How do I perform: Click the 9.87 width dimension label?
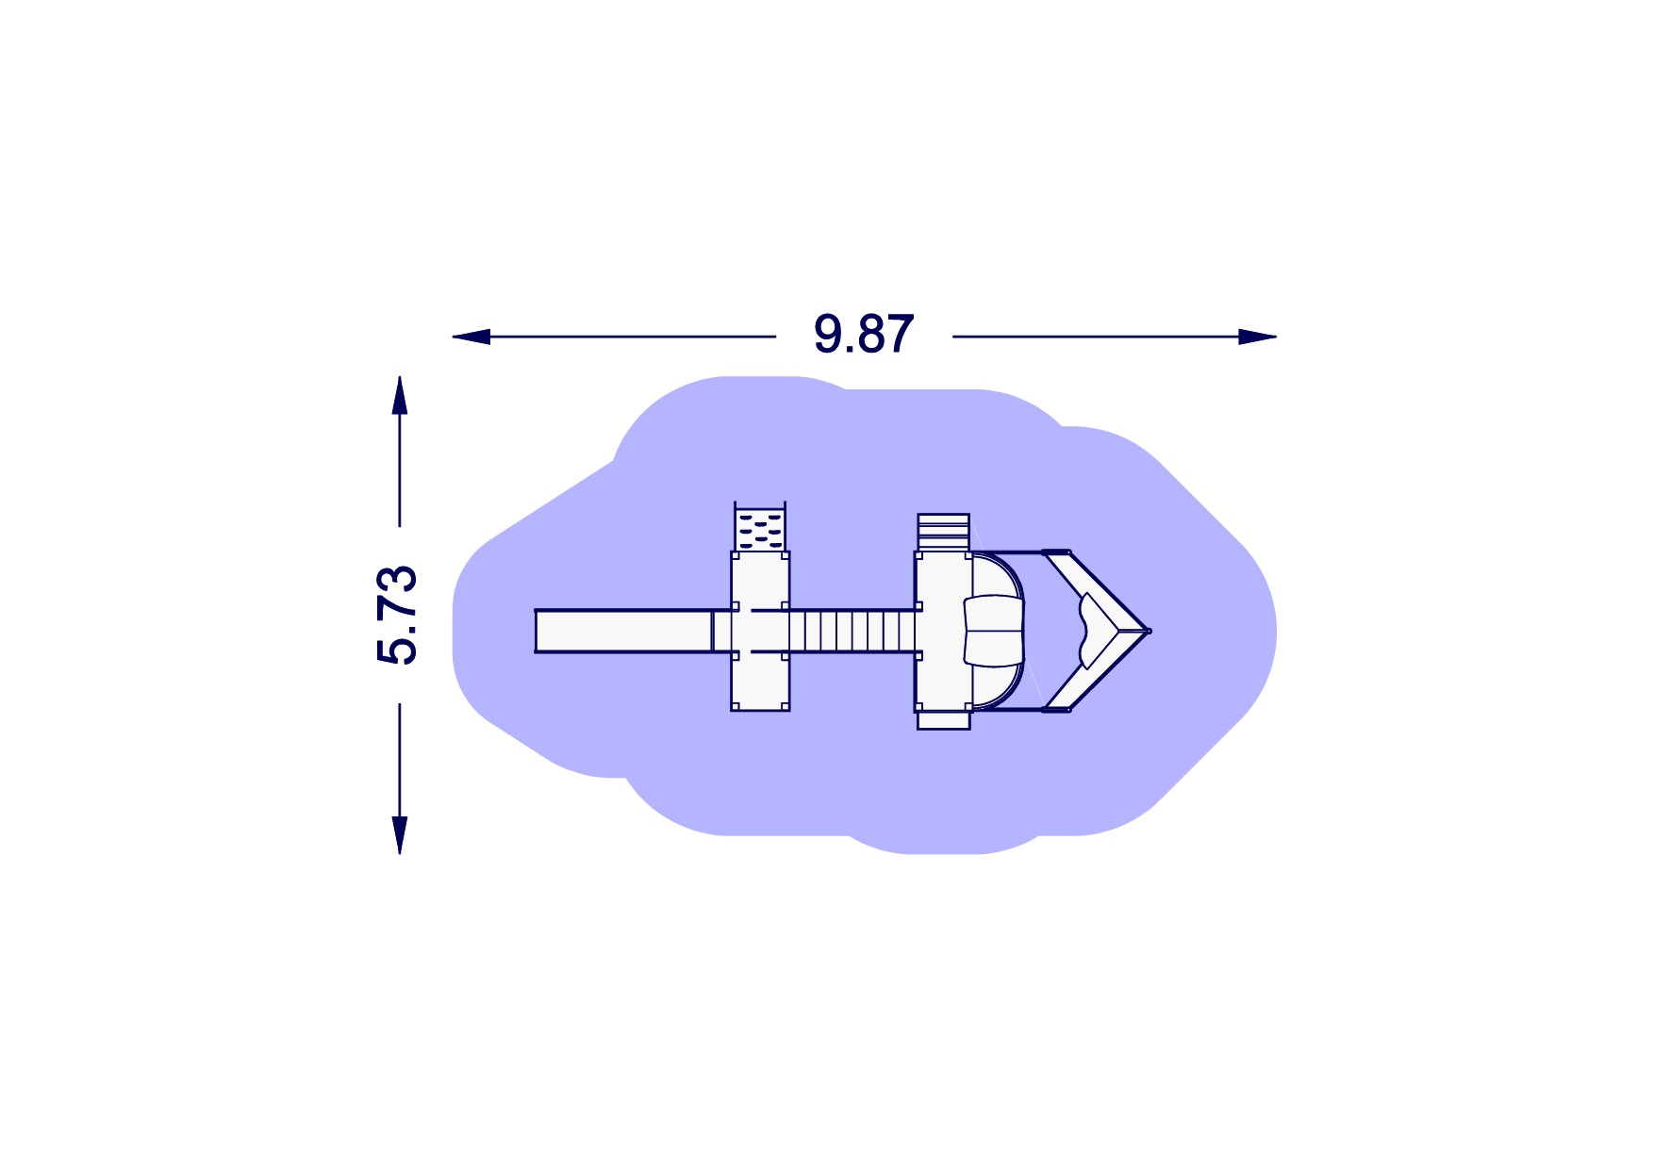pyautogui.click(x=864, y=335)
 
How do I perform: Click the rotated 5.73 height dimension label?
pyautogui.click(x=397, y=615)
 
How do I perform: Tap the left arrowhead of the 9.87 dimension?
pyautogui.click(x=471, y=337)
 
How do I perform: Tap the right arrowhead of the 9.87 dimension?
pyautogui.click(x=1257, y=337)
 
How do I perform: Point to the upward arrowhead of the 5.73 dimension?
pyautogui.click(x=400, y=395)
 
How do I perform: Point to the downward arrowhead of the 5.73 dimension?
pyautogui.click(x=400, y=835)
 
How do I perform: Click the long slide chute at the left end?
pyautogui.click(x=623, y=631)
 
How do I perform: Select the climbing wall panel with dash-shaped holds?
pyautogui.click(x=760, y=530)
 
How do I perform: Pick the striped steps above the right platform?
pyautogui.click(x=943, y=532)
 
